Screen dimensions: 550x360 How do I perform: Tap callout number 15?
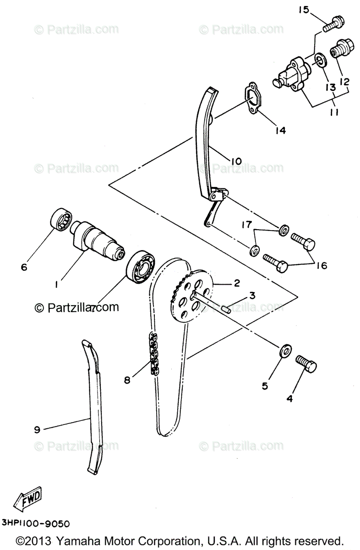[x=304, y=10]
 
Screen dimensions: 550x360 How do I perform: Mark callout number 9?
[x=37, y=429]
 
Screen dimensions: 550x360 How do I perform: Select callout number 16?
[x=322, y=265]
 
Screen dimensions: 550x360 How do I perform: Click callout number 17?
[x=247, y=225]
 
